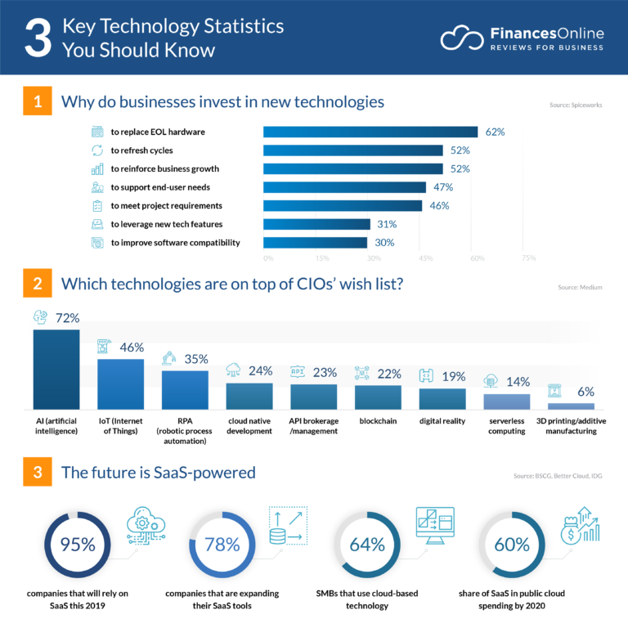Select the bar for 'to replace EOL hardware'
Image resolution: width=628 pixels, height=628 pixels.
(x=370, y=132)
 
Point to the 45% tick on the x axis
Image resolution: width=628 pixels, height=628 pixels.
(x=425, y=258)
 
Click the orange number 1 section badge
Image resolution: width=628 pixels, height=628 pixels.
(x=37, y=102)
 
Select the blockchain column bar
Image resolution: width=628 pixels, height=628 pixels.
(x=378, y=397)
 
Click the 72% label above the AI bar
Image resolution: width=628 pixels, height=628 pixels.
(x=66, y=317)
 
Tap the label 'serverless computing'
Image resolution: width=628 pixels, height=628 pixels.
(x=506, y=425)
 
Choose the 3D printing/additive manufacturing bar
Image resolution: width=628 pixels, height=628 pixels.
(x=571, y=406)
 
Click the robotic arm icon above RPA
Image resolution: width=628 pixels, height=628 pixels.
(x=169, y=358)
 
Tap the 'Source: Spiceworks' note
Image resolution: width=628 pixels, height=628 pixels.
(x=576, y=105)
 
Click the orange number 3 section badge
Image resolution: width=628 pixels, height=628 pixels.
(x=37, y=472)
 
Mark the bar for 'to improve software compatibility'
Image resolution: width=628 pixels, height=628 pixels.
(x=315, y=242)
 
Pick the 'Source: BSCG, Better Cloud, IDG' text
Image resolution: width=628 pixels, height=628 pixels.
(x=558, y=475)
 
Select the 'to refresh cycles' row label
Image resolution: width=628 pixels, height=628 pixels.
(x=141, y=150)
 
